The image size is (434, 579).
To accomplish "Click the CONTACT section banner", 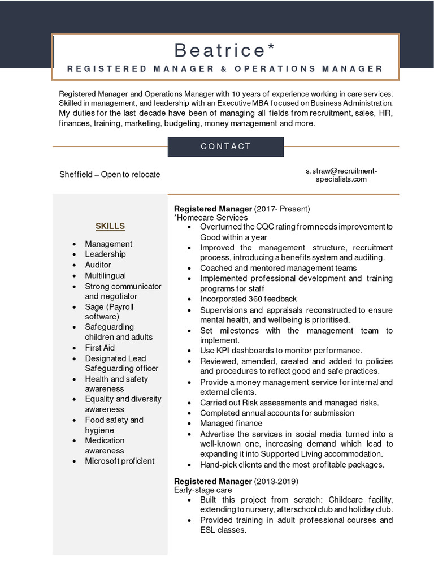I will point(225,146).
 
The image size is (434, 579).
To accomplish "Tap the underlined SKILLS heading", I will point(110,226).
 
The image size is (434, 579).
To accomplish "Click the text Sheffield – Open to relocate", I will point(110,174).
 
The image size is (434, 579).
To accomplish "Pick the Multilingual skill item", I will point(106,275).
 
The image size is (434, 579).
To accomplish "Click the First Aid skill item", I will point(99,348).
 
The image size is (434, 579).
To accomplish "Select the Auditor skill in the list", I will point(98,265).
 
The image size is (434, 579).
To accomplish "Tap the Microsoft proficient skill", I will point(119,461).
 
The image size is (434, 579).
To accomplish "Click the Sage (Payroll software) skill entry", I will point(109,312).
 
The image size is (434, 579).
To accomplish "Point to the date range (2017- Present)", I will point(282,209).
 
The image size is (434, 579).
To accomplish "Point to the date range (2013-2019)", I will point(276,481).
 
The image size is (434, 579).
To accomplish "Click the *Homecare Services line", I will point(211,218).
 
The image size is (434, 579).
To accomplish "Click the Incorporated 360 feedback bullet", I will point(248,299).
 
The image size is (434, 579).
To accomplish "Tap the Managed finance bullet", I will point(231,423).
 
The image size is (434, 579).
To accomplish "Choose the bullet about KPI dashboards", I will point(281,351).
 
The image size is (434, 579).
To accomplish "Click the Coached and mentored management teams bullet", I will point(278,268).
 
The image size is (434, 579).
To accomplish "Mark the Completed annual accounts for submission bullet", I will point(277,413).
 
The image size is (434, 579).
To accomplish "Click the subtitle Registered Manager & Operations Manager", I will point(225,69).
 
